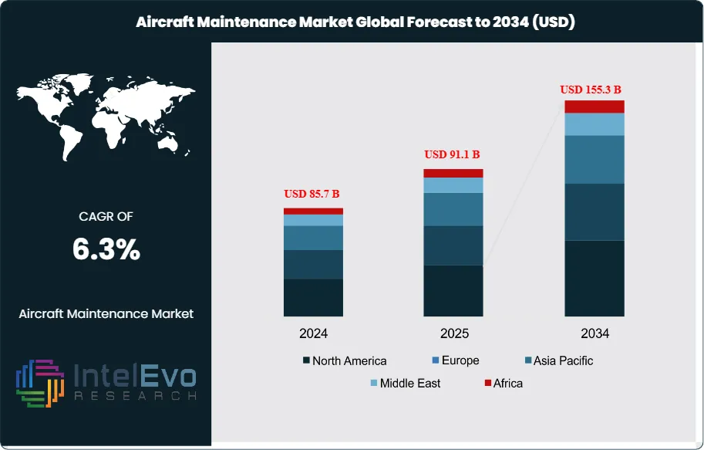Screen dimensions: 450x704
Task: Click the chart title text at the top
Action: pyautogui.click(x=355, y=22)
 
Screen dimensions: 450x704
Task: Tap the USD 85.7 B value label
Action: pyautogui.click(x=313, y=193)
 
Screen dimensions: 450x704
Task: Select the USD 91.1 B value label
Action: pyautogui.click(x=453, y=154)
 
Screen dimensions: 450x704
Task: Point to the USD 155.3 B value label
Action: pyautogui.click(x=594, y=90)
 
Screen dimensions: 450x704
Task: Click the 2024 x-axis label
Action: pyautogui.click(x=313, y=334)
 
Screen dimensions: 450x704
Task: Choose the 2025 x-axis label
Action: pyautogui.click(x=453, y=334)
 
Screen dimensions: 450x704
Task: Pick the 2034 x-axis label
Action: pyautogui.click(x=595, y=334)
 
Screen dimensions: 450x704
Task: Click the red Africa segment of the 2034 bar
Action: pyautogui.click(x=594, y=107)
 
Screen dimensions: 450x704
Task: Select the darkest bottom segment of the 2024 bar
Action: pyautogui.click(x=313, y=297)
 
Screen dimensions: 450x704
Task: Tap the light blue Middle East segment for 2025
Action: pyautogui.click(x=453, y=185)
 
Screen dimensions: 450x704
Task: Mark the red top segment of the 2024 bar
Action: pyautogui.click(x=313, y=211)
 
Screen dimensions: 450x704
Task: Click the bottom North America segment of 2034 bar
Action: pyautogui.click(x=594, y=278)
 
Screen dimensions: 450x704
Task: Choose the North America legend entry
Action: pyautogui.click(x=345, y=360)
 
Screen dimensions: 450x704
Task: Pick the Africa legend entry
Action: pyautogui.click(x=502, y=383)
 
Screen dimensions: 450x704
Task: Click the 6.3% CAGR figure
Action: pyautogui.click(x=106, y=249)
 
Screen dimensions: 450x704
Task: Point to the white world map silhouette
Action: pyautogui.click(x=105, y=116)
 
